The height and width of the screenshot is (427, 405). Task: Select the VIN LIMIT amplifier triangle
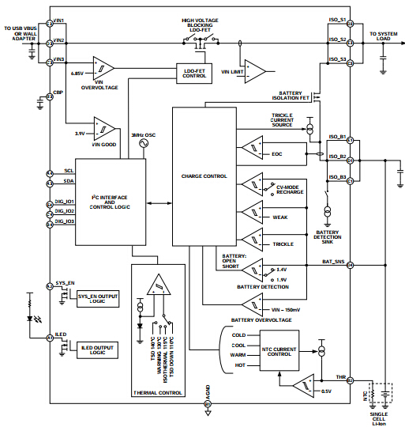254,69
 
